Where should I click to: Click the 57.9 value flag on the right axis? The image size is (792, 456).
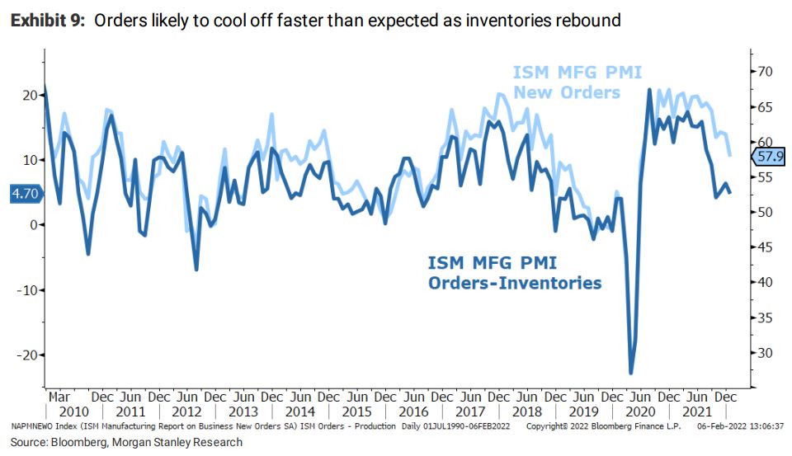[769, 156]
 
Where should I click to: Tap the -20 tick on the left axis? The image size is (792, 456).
[26, 355]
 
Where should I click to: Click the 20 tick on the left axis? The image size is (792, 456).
[30, 95]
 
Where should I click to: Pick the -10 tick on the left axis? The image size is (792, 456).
[26, 289]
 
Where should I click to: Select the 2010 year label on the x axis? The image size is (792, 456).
[73, 412]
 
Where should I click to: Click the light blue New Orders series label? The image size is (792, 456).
[577, 82]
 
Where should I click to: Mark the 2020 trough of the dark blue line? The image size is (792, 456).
[632, 373]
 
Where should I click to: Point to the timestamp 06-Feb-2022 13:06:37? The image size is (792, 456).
[739, 427]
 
